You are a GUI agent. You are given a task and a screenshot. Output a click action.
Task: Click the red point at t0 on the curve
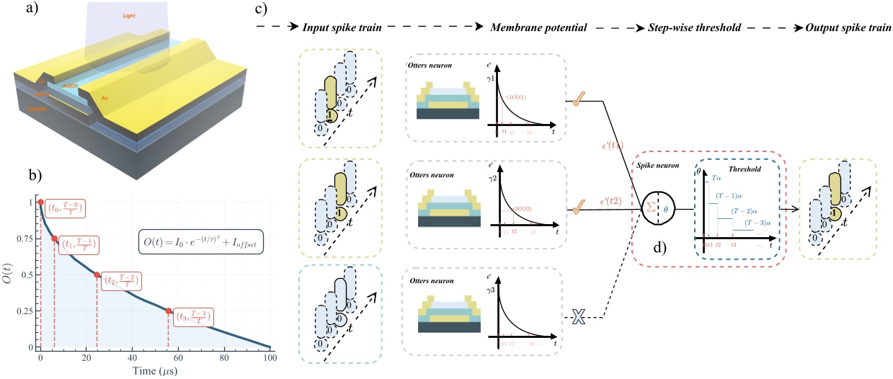click(x=41, y=202)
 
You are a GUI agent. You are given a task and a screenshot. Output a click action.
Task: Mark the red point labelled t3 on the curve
click(x=168, y=311)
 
